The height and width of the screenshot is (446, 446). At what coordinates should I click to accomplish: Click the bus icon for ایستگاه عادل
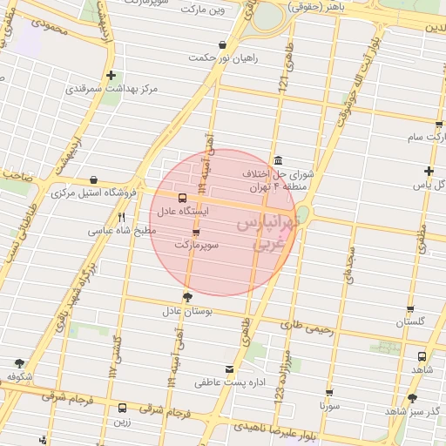pos(182,198)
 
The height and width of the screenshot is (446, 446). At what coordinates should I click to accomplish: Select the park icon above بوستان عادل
pos(187,297)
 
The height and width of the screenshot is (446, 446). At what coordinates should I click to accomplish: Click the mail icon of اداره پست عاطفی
pos(230,368)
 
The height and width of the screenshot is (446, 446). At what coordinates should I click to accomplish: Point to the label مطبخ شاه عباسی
pos(122,232)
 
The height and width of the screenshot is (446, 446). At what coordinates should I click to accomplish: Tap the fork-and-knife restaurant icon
pos(122,218)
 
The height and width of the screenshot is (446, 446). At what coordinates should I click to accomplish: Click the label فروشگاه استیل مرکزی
pos(97,193)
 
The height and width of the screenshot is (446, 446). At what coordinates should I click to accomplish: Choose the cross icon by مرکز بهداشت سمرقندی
pos(111,75)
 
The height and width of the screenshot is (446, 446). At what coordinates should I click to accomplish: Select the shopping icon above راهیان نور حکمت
pos(223,44)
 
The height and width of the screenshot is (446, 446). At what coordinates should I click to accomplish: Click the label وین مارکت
pos(204,10)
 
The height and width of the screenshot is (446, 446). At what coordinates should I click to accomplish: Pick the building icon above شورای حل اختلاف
pos(277,160)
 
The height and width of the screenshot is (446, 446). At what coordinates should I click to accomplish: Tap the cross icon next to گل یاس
pos(428,171)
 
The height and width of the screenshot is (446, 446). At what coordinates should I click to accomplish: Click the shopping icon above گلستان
pos(409,309)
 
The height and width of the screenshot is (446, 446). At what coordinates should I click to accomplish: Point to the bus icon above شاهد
pos(422,356)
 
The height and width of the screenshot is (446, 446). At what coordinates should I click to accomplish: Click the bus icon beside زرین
pos(121,408)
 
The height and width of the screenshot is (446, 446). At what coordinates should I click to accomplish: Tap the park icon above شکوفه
pos(20,362)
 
